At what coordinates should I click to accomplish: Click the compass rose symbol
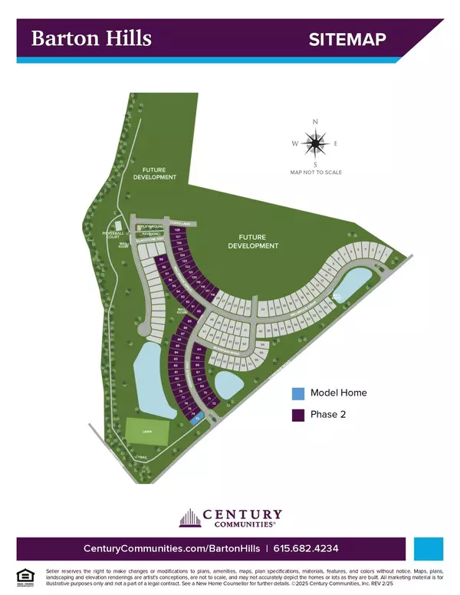tap(314, 143)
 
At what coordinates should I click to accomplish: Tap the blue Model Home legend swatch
tap(297, 394)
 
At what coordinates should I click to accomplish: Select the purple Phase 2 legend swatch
tap(297, 416)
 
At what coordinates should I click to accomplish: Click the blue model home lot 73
tap(197, 419)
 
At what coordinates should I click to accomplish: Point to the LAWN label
tap(146, 432)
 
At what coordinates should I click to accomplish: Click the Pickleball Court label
tap(113, 234)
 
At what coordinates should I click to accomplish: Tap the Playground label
tap(151, 227)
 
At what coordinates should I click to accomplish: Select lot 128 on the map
tap(178, 230)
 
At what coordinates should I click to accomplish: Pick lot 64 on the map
tap(199, 350)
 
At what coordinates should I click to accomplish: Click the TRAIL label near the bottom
tap(140, 456)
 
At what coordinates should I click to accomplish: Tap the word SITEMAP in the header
tap(347, 40)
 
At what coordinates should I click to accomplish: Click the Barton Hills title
tap(90, 38)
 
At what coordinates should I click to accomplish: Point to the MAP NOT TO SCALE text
tap(315, 173)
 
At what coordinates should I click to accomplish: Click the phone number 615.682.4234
tap(307, 549)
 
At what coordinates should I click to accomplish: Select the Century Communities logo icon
tap(189, 518)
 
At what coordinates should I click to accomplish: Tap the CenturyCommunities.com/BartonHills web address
tap(169, 549)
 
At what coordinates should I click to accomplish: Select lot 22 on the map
tap(263, 310)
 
